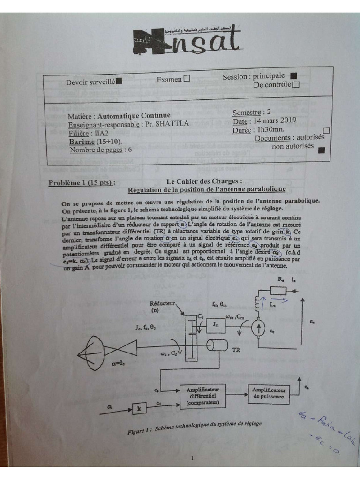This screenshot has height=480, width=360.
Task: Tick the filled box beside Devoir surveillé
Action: [119, 81]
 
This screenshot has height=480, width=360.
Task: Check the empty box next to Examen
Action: [187, 79]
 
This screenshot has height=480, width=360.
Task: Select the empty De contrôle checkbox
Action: [295, 85]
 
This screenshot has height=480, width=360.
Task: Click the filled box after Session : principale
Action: [294, 75]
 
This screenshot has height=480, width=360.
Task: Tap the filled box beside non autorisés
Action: [321, 150]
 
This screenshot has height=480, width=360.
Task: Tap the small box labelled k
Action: [139, 409]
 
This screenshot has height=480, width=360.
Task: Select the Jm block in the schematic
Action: [216, 324]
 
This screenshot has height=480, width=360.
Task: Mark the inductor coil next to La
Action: [256, 303]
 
